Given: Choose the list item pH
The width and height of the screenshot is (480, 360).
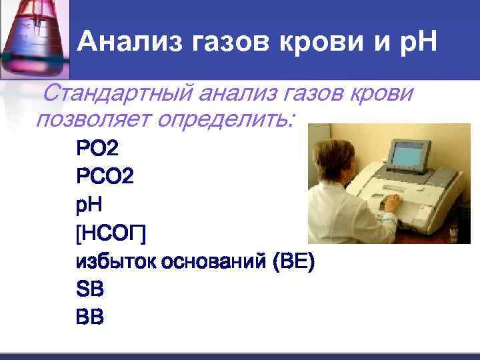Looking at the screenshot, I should point(91,205).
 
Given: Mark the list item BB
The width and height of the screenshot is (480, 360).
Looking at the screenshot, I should point(90,319).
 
